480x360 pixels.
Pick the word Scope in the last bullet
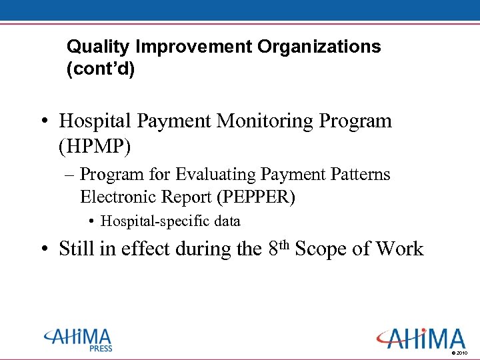321,249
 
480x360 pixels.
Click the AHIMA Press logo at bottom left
79,338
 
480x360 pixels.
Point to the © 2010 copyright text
460,352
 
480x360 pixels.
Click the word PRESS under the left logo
101,349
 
